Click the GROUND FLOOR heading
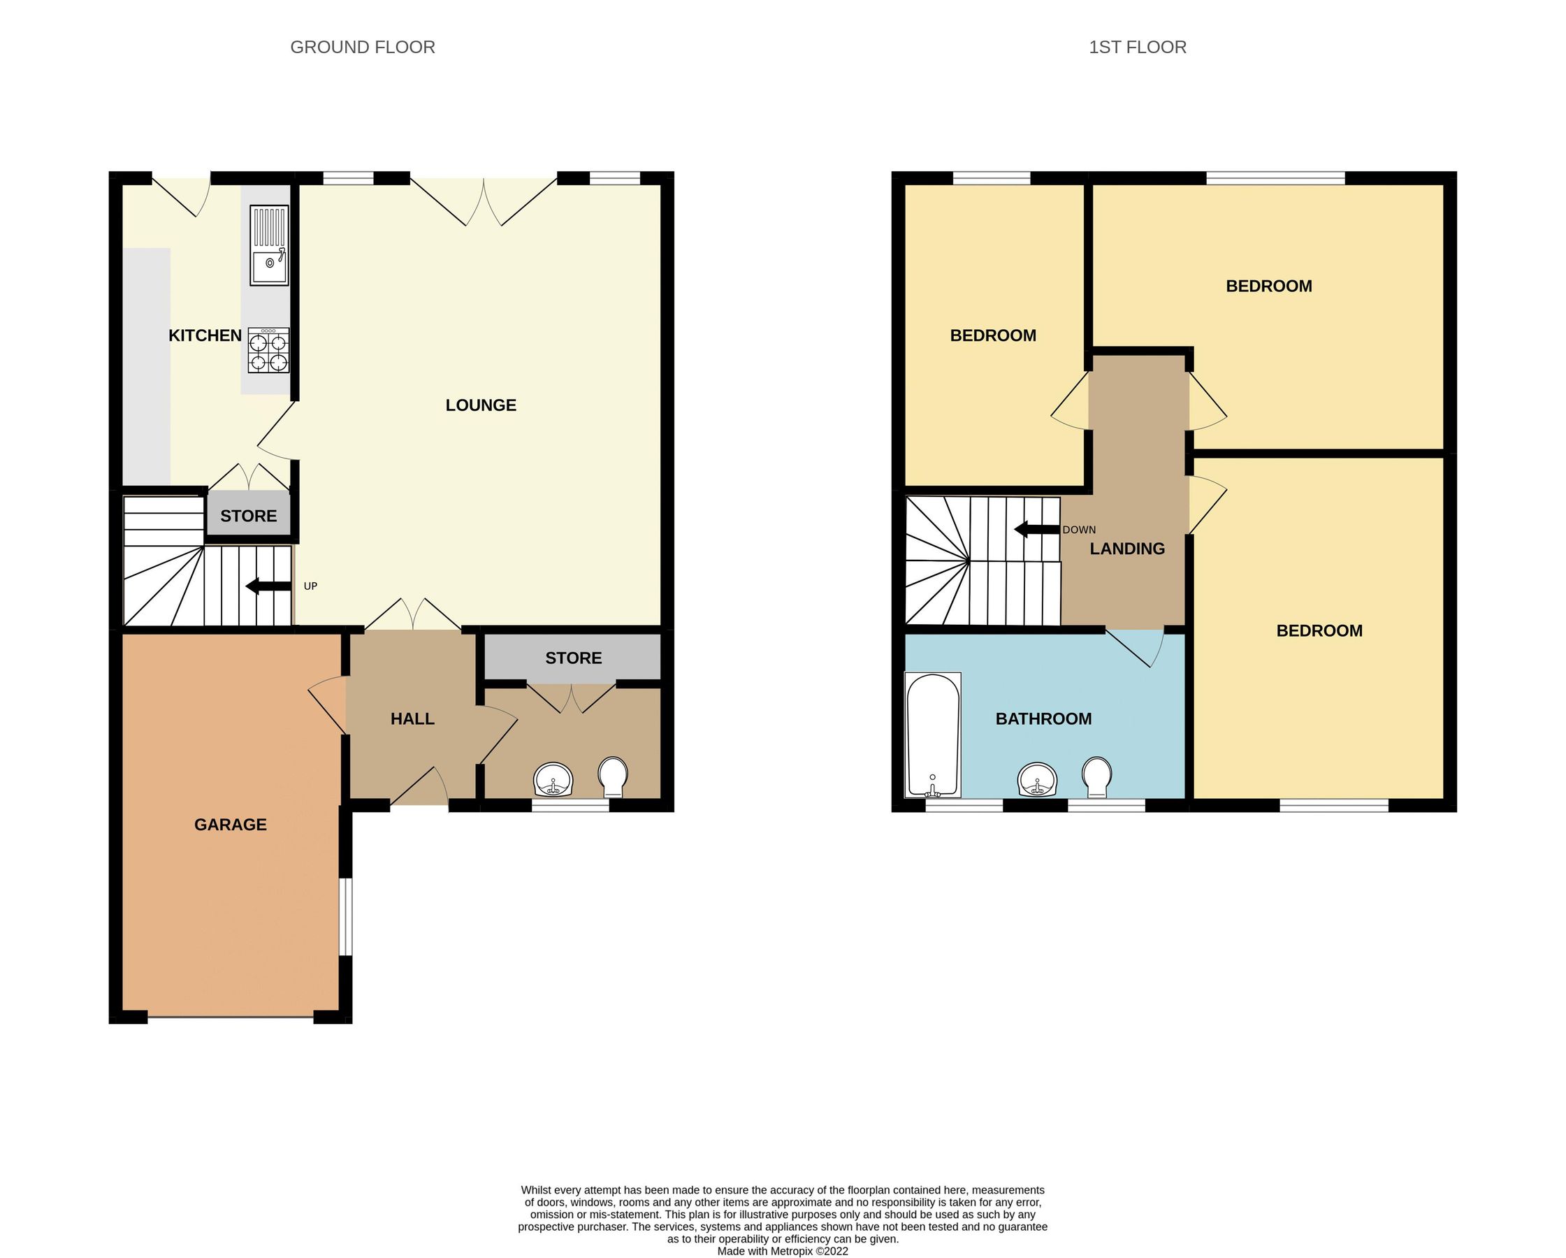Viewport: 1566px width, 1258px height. click(363, 48)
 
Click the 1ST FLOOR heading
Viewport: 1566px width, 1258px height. click(1137, 48)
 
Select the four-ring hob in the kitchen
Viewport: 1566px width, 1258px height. click(268, 351)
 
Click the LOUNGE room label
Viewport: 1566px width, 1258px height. click(480, 405)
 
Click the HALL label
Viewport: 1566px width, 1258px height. click(412, 719)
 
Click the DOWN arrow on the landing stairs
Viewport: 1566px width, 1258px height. click(1036, 530)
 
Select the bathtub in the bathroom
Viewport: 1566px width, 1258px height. click(933, 735)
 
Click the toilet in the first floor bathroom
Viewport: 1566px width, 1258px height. click(1096, 776)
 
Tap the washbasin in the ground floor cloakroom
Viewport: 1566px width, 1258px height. click(553, 781)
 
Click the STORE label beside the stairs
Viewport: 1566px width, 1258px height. click(248, 516)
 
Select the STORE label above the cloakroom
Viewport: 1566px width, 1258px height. click(573, 658)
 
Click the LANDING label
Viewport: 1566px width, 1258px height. click(1126, 549)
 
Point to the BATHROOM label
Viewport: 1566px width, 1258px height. click(1043, 719)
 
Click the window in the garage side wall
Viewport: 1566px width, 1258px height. click(347, 918)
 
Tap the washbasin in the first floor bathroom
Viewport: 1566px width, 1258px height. click(1036, 781)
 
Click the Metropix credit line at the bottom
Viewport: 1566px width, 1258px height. click(782, 1251)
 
